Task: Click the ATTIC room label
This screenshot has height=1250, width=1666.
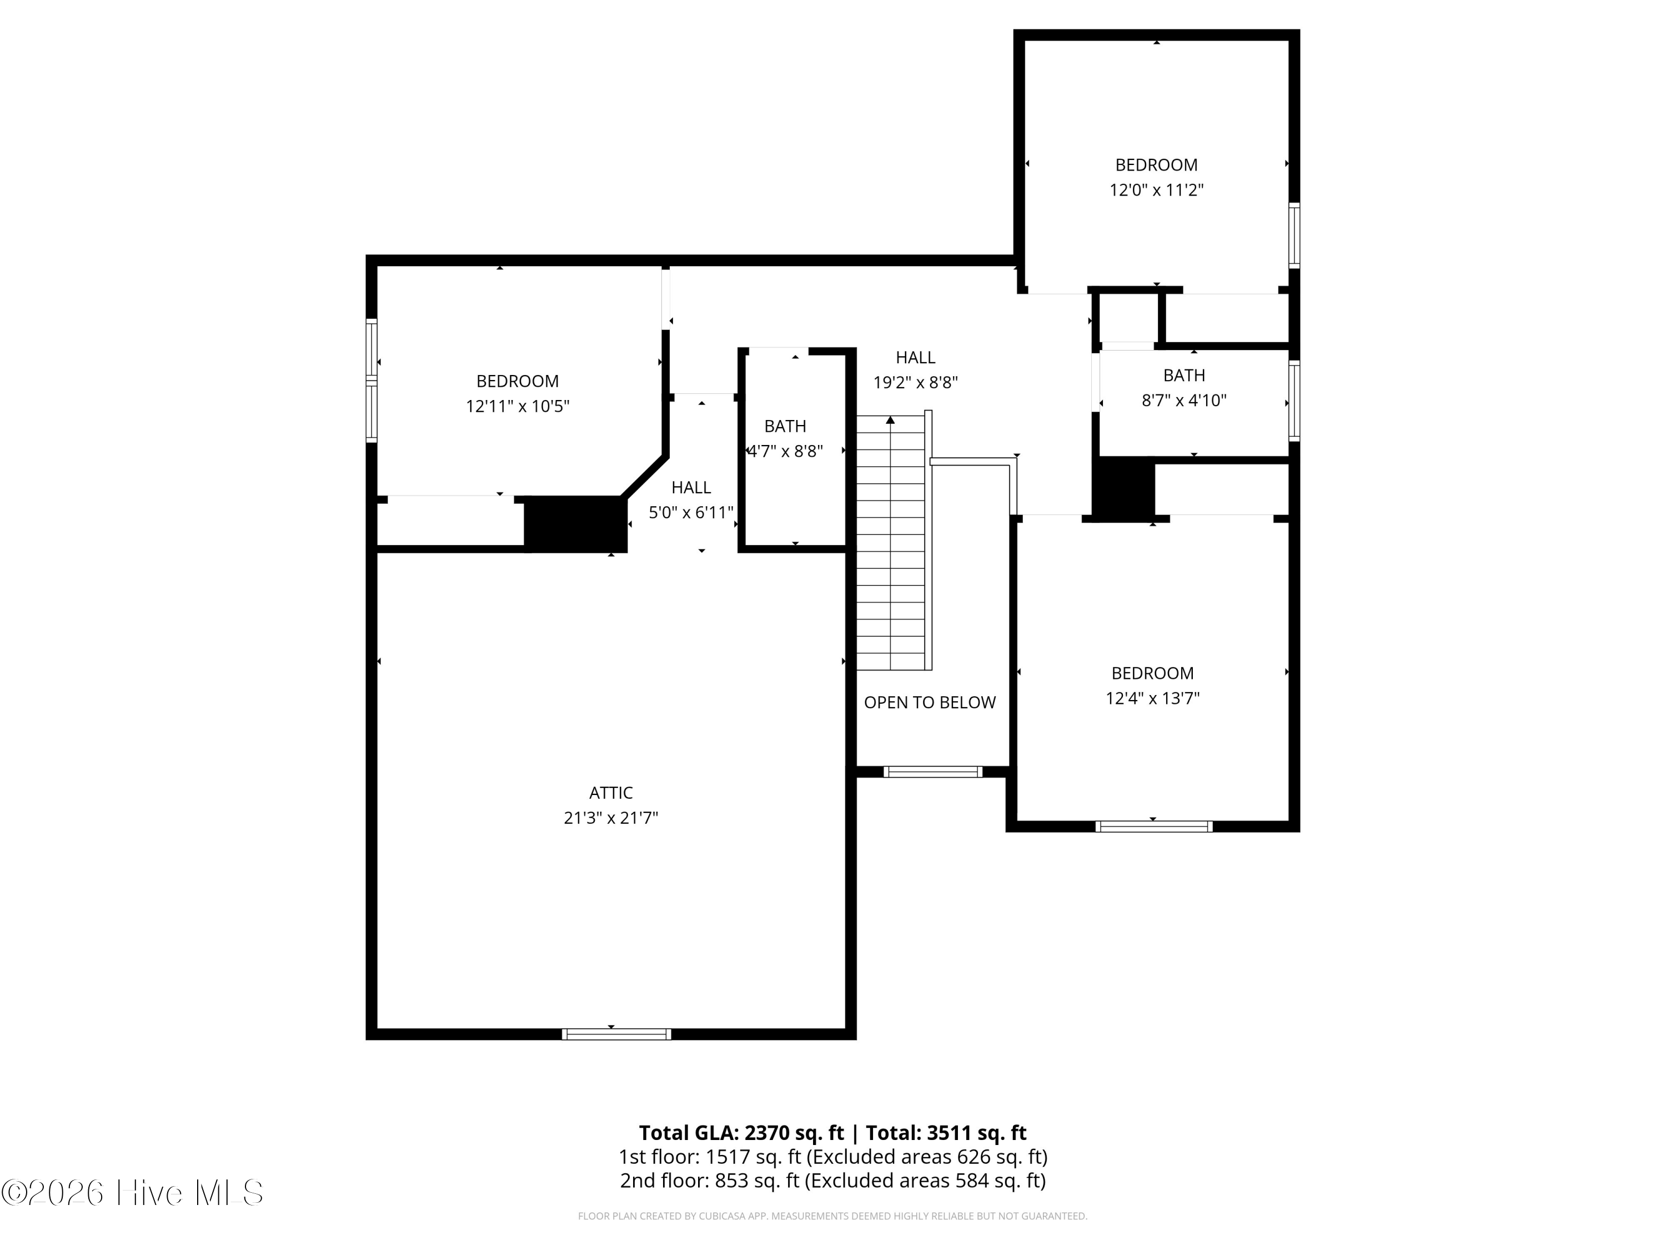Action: click(611, 793)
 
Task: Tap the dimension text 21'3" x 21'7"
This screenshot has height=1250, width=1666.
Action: click(611, 818)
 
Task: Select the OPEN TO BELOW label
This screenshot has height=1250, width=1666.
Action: click(930, 702)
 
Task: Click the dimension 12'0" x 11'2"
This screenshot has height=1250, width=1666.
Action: click(1156, 190)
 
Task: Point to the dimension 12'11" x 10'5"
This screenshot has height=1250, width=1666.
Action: click(518, 406)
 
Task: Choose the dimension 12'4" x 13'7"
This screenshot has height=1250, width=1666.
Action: click(1152, 698)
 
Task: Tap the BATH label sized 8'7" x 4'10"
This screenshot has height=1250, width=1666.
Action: click(1184, 375)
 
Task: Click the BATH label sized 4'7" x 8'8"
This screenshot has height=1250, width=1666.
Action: click(785, 427)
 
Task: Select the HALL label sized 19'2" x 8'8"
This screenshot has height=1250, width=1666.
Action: click(915, 357)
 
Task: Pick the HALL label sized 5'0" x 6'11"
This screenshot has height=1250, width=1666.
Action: click(691, 487)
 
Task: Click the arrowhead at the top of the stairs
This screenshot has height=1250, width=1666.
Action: click(890, 419)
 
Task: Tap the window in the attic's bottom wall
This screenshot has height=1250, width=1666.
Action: click(616, 1034)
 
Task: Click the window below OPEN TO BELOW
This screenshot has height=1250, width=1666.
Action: click(932, 772)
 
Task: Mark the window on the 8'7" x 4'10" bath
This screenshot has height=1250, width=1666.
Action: click(1294, 400)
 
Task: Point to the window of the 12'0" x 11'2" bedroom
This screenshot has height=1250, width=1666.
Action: click(1294, 235)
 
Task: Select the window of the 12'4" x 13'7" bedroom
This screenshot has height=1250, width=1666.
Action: click(1154, 827)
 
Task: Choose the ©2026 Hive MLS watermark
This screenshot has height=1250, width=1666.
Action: click(133, 1193)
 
